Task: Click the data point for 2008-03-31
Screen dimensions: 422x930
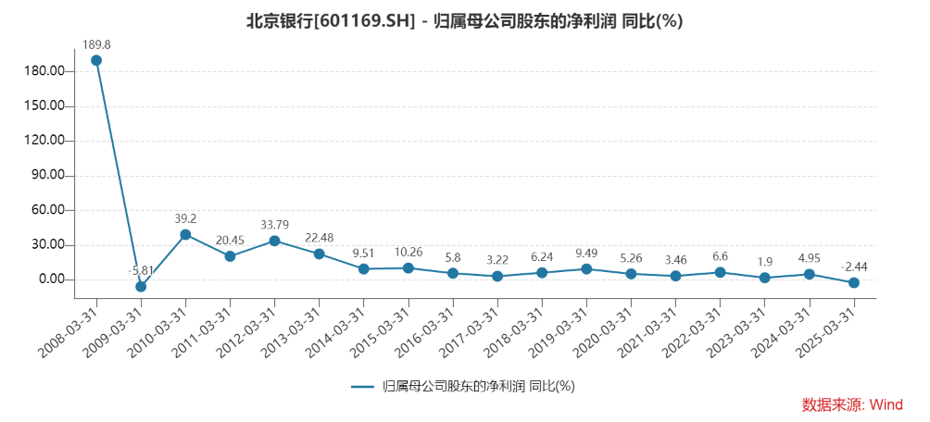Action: point(96,60)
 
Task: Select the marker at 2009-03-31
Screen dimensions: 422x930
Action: point(141,287)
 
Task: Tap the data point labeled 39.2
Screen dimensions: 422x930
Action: point(185,234)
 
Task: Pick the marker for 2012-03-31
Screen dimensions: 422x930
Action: point(274,241)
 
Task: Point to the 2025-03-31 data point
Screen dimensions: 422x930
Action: point(854,282)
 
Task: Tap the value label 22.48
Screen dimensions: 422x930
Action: point(319,235)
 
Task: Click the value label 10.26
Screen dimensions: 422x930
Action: point(408,251)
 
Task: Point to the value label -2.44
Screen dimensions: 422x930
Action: point(854,267)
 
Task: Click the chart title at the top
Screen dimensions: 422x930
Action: point(464,21)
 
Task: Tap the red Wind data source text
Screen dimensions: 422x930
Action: point(851,404)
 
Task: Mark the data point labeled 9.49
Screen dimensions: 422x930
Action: point(586,269)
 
